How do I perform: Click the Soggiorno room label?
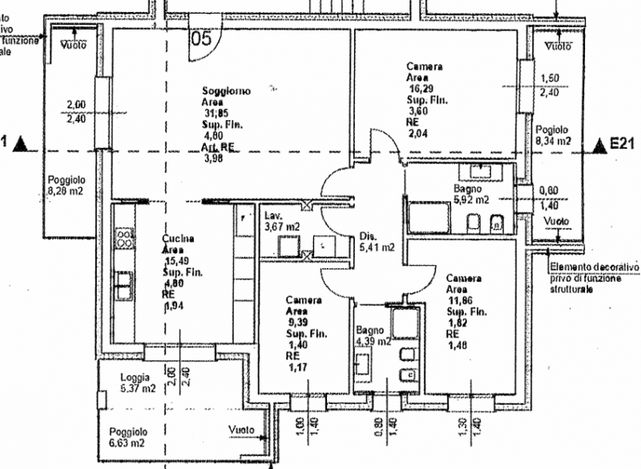[x=225, y=92]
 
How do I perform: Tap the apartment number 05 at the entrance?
[x=200, y=36]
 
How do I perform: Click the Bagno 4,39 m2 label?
[x=373, y=335]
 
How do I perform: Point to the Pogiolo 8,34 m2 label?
[x=553, y=134]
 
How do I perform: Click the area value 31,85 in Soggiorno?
[x=216, y=114]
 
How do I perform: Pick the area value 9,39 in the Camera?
[x=297, y=323]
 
